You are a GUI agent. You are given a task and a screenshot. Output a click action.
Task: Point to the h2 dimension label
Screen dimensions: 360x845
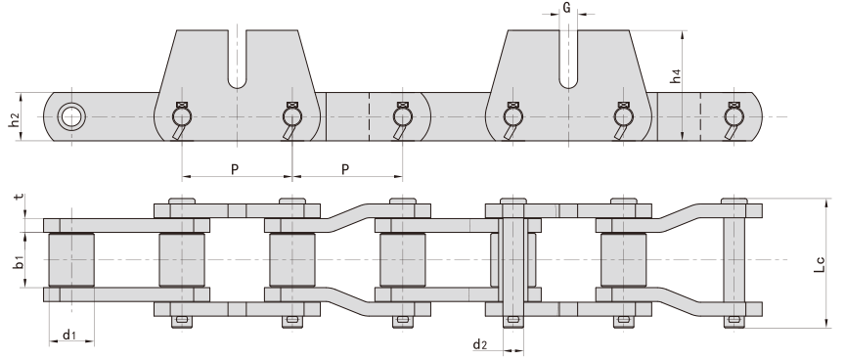pyautogui.click(x=13, y=120)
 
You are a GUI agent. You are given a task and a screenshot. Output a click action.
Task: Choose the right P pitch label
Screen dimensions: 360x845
pyautogui.click(x=346, y=169)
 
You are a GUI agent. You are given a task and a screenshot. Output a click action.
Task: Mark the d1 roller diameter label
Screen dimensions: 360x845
pyautogui.click(x=69, y=336)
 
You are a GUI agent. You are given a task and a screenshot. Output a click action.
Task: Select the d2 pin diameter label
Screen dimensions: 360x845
pyautogui.click(x=480, y=343)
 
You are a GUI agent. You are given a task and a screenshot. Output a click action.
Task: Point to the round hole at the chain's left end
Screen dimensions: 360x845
pyautogui.click(x=70, y=116)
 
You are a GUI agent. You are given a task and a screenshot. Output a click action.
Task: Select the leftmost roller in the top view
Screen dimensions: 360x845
pyautogui.click(x=70, y=260)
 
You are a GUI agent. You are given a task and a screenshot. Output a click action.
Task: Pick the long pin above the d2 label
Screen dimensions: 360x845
pyautogui.click(x=512, y=260)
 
